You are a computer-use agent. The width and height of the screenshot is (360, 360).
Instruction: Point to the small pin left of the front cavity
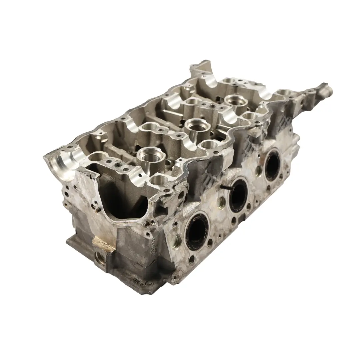(x=95, y=210)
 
